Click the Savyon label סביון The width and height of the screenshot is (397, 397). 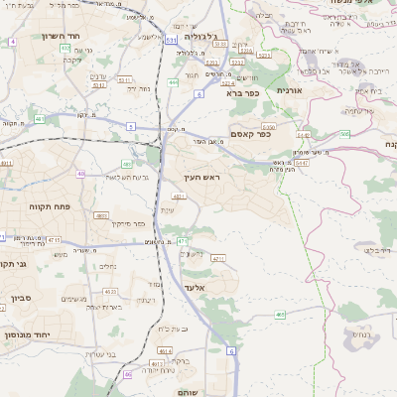pos(22,297)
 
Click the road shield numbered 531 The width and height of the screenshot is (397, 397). pos(171,40)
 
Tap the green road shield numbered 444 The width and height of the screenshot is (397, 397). pos(173,82)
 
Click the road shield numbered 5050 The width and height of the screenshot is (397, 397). pos(267,127)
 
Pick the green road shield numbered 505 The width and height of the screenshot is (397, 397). pos(343,132)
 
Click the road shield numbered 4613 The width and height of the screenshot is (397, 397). pos(158,363)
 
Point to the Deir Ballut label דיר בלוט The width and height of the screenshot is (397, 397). pos(352,250)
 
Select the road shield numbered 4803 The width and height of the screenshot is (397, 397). pos(101,215)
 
